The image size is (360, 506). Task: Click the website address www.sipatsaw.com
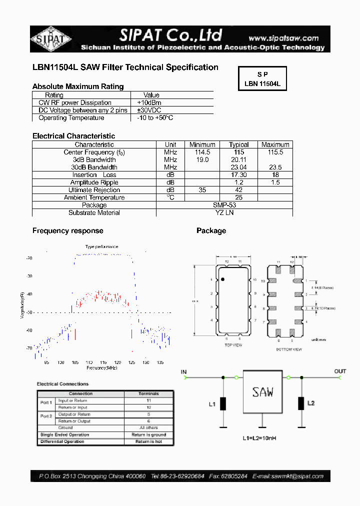(283, 38)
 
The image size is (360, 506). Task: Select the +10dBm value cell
(149, 102)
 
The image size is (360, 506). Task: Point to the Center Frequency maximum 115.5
(275, 152)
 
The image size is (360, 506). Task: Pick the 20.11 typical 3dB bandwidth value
(238, 159)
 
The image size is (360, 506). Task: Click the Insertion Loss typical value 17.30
(238, 175)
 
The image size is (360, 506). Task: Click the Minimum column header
(202, 144)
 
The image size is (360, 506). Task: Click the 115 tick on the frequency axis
(103, 362)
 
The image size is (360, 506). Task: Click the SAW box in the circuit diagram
(263, 391)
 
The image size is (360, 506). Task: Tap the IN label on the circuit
(183, 371)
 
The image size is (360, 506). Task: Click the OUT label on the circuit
(340, 371)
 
